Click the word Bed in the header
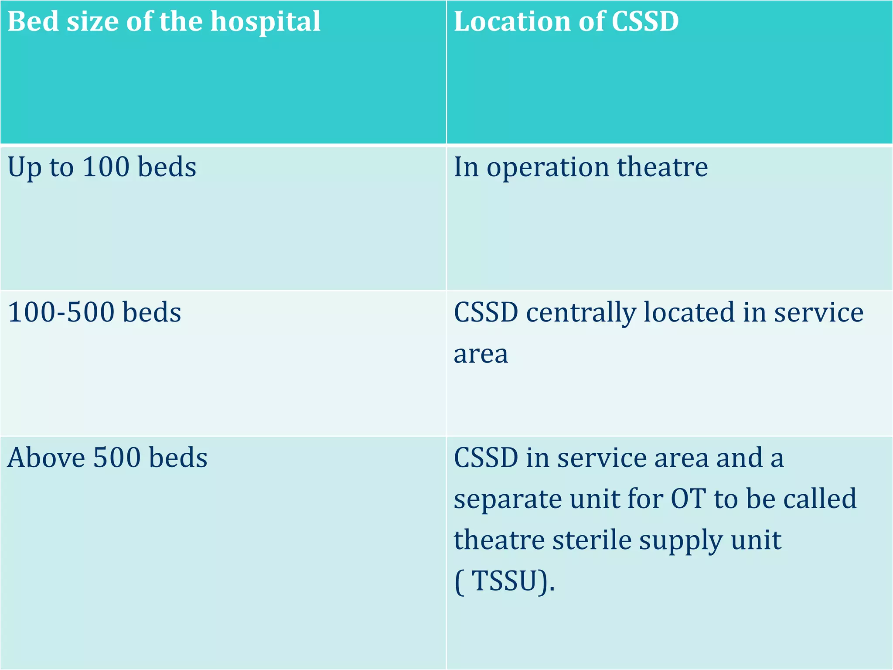pyautogui.click(x=34, y=21)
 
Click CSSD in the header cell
pyautogui.click(x=645, y=21)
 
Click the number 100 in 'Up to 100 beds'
pyautogui.click(x=106, y=167)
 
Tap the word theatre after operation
pyautogui.click(x=662, y=167)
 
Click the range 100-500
pyautogui.click(x=61, y=312)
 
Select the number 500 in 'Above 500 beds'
pyautogui.click(x=117, y=458)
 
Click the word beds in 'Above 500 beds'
pyautogui.click(x=178, y=458)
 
